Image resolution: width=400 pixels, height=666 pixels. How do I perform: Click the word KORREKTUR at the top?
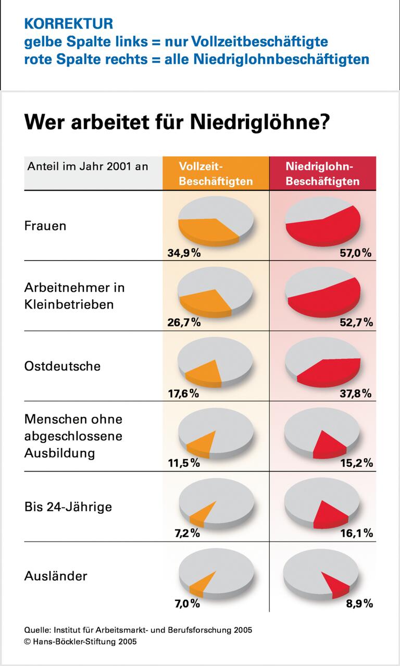68,23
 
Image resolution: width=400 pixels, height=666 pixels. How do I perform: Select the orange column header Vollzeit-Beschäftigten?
216,174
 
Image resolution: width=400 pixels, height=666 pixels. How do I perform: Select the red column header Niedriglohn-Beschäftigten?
322,174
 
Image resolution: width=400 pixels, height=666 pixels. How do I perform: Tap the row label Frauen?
45,226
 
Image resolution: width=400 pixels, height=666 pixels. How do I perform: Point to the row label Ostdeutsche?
63,366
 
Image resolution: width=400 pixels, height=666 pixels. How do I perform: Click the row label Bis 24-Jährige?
68,507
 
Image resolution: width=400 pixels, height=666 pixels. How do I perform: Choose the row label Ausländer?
56,576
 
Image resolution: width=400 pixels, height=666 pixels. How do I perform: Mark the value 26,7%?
184,323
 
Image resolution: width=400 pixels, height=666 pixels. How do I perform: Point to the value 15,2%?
356,463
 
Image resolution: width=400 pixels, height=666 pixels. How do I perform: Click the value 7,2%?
186,533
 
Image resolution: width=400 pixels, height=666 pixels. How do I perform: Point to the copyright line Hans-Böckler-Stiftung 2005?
80,642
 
